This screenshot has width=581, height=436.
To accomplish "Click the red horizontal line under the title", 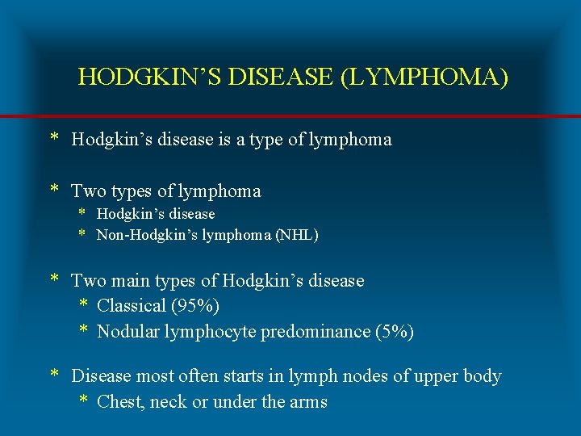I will pyautogui.click(x=290, y=117).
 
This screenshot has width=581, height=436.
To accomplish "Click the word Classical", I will pyautogui.click(x=132, y=307).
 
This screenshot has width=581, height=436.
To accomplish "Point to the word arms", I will pyautogui.click(x=308, y=402).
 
